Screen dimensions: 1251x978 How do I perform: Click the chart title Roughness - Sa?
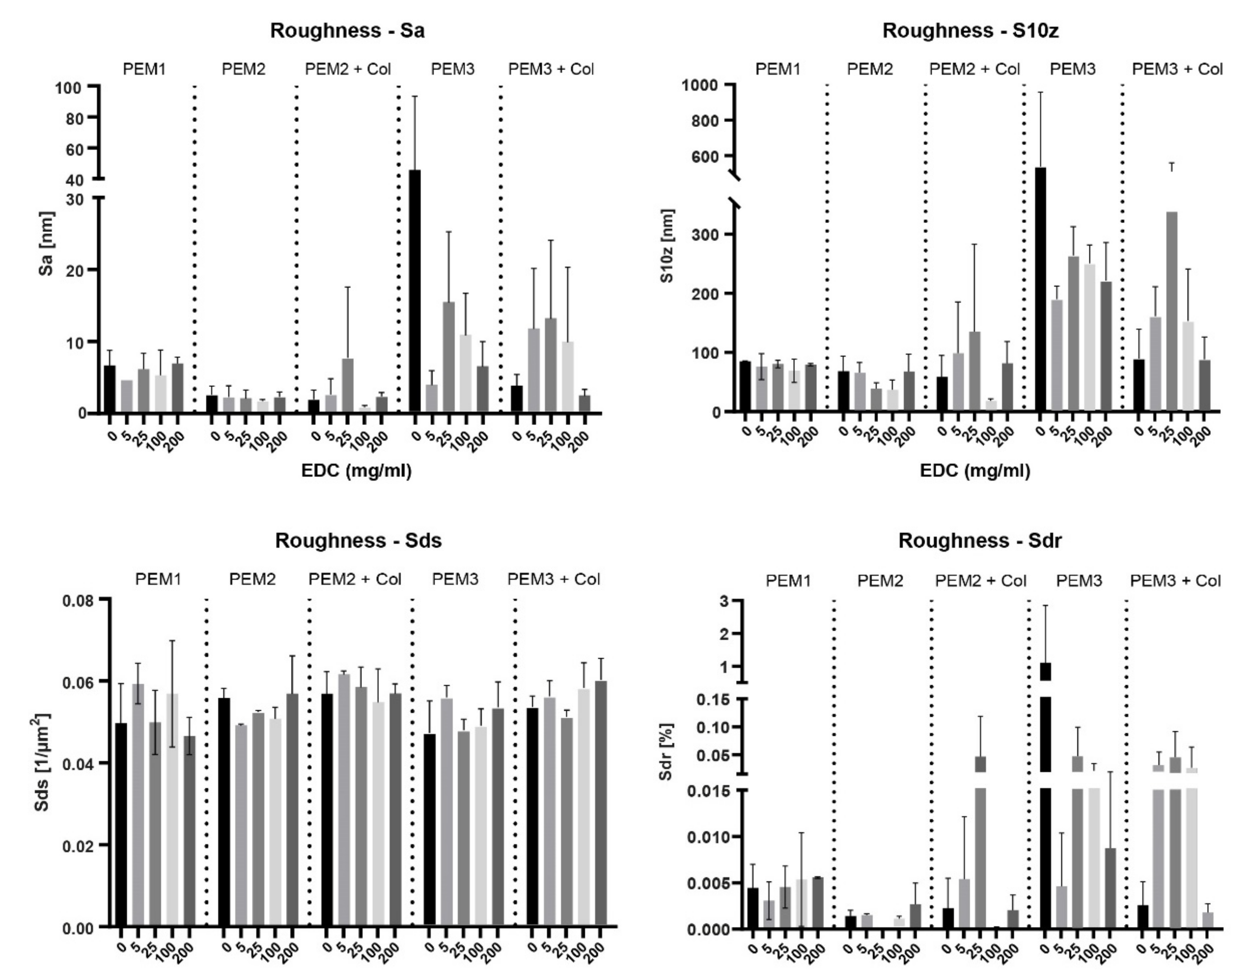[x=347, y=31]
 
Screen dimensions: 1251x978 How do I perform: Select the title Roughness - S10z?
[x=970, y=31]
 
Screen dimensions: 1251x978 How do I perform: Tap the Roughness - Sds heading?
[x=358, y=540]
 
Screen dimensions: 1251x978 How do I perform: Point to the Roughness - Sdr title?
[x=979, y=540]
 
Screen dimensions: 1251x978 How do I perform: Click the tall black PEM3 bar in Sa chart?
[x=415, y=291]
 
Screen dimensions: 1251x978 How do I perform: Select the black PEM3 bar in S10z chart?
[x=1040, y=289]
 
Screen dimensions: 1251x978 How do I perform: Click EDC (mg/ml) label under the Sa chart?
[x=356, y=471]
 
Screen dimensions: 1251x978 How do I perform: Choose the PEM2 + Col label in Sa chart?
[x=348, y=69]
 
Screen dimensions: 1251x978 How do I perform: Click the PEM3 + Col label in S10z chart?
[x=1178, y=69]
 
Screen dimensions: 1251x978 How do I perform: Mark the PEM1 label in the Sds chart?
[x=158, y=579]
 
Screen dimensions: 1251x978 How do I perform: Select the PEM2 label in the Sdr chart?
[x=881, y=581]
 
